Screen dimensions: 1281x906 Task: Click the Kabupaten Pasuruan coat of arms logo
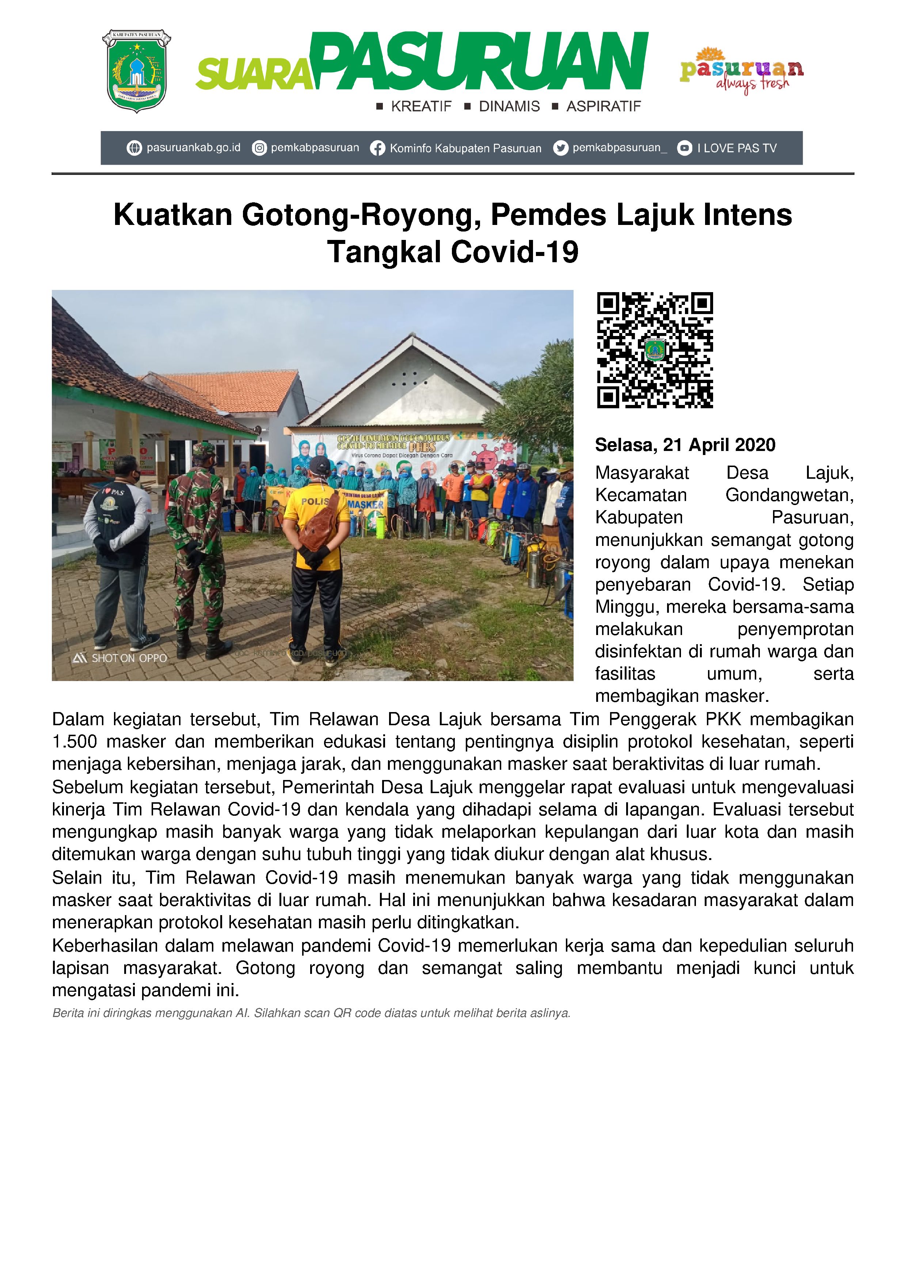(x=136, y=72)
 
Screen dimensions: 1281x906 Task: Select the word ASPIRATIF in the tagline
(x=604, y=107)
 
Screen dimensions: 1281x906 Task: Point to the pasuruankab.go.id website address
(x=193, y=148)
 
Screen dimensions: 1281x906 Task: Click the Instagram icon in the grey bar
(x=259, y=148)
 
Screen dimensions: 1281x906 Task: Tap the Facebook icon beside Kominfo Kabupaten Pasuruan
(x=378, y=148)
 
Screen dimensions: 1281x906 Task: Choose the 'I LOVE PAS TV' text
(x=737, y=148)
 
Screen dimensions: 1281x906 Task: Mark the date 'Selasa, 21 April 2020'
(x=685, y=445)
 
